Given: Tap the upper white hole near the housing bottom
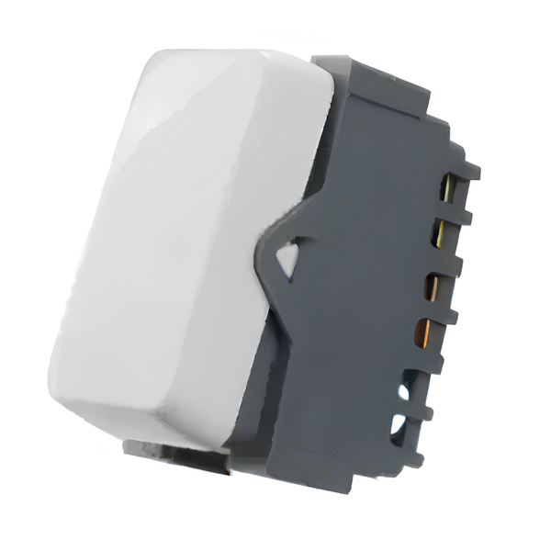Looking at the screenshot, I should click(405, 389).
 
